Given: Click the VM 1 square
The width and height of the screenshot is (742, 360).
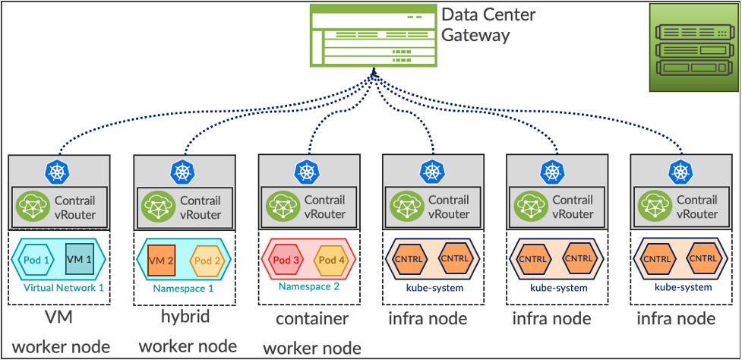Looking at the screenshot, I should point(80,259).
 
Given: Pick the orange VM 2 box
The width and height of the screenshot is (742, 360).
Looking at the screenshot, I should point(162,259).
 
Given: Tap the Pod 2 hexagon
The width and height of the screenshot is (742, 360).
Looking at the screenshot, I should point(207,259).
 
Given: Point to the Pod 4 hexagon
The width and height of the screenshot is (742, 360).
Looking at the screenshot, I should point(331,259).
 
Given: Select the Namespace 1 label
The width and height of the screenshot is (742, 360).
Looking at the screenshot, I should point(183,289).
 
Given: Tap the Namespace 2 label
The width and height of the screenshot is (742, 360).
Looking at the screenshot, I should point(308,287).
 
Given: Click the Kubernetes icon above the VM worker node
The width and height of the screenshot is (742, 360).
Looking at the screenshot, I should point(58,172).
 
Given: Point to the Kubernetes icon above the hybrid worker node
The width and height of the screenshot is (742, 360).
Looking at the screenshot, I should point(183,172).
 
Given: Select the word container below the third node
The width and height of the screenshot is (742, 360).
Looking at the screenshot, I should point(311,319).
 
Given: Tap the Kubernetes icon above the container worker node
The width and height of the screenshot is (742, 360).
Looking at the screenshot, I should point(308,172).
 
